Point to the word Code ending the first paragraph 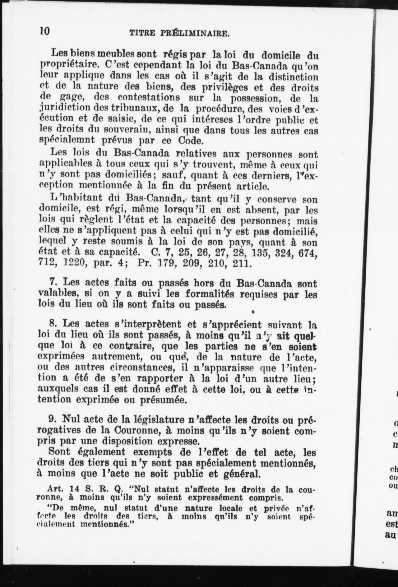coord(190,141)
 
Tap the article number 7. coord(53,283)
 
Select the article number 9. coord(53,420)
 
